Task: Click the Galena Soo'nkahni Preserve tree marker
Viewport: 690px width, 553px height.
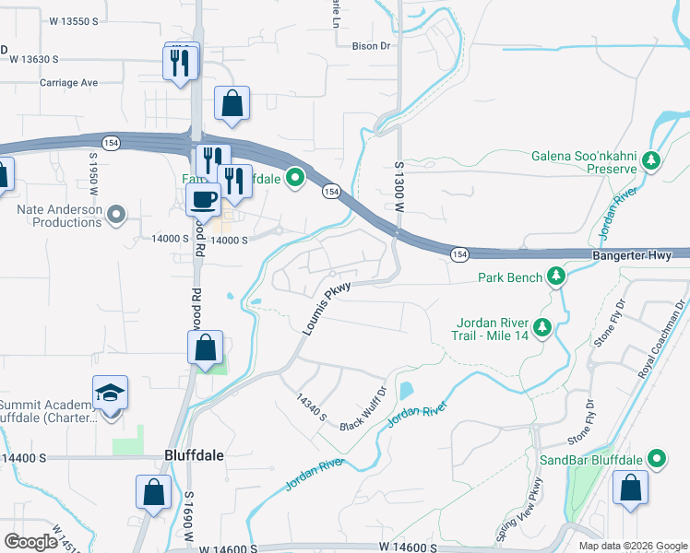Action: click(652, 161)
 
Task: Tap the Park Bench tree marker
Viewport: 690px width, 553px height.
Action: click(556, 276)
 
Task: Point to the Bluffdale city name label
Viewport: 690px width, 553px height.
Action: click(194, 455)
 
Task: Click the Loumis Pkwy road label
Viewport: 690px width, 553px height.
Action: click(327, 308)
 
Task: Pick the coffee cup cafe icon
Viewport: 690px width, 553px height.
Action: click(203, 198)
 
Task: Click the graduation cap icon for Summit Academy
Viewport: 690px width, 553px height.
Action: click(111, 394)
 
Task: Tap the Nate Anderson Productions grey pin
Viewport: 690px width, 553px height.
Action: click(115, 216)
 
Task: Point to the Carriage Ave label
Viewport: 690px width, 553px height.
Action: click(68, 83)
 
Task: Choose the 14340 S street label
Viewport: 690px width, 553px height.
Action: click(312, 407)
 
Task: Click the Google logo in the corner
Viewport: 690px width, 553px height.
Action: click(30, 542)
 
